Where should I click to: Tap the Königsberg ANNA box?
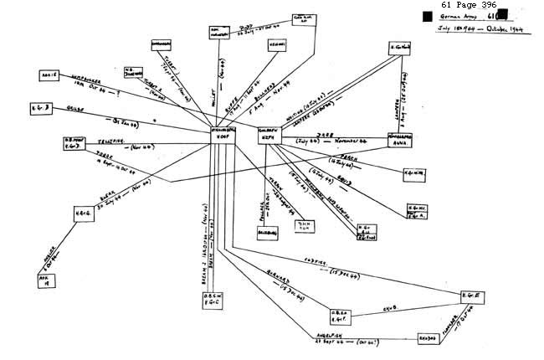(x=399, y=141)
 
